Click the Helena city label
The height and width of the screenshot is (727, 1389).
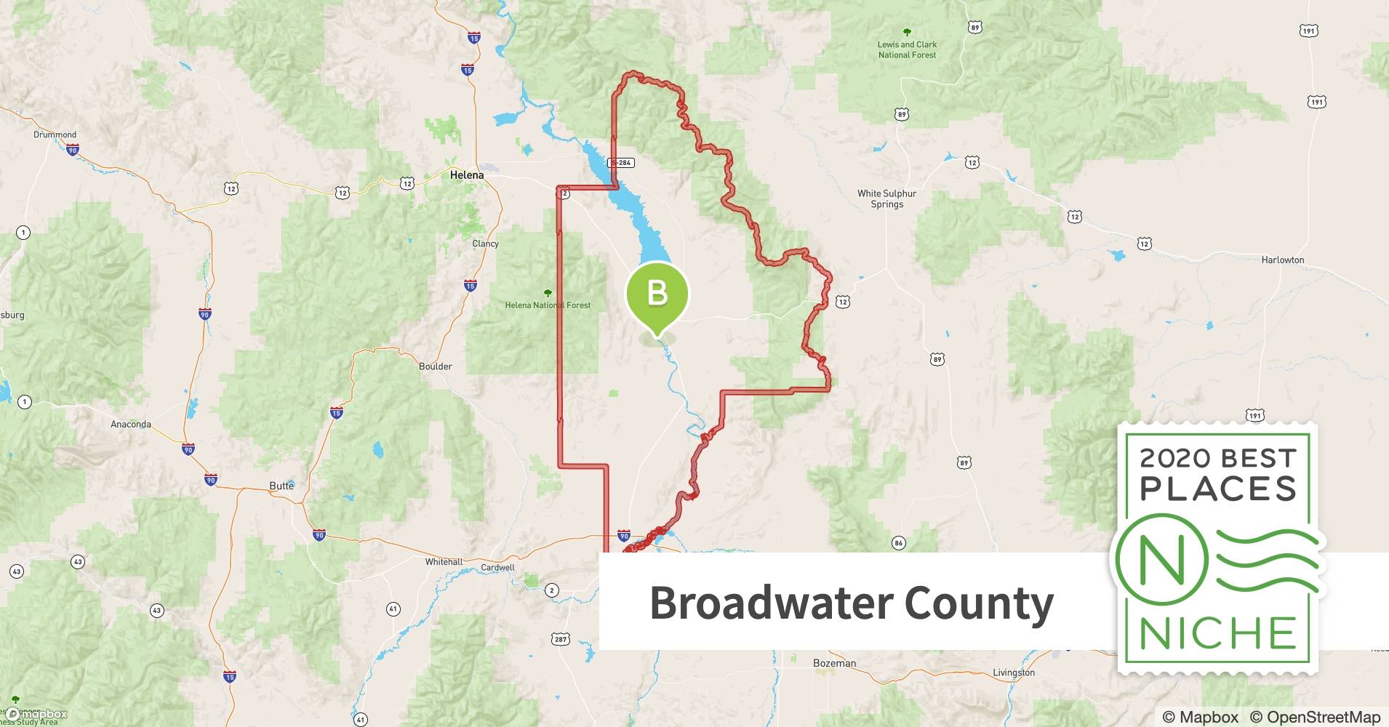pyautogui.click(x=466, y=175)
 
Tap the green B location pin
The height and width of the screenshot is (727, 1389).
pyautogui.click(x=657, y=294)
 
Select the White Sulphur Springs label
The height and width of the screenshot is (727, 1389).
pyautogui.click(x=886, y=198)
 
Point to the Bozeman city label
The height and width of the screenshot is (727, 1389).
pyautogui.click(x=834, y=663)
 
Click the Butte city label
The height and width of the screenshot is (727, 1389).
pyautogui.click(x=281, y=485)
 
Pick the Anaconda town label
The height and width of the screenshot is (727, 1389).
pyautogui.click(x=131, y=424)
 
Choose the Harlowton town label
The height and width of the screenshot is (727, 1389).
pyautogui.click(x=1282, y=260)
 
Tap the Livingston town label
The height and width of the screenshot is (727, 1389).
pyautogui.click(x=1013, y=672)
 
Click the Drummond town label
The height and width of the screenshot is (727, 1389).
pyautogui.click(x=55, y=134)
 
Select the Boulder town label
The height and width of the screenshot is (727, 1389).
pyautogui.click(x=435, y=366)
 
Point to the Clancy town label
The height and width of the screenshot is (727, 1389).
pyautogui.click(x=485, y=244)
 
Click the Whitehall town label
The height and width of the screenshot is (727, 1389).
pyautogui.click(x=444, y=562)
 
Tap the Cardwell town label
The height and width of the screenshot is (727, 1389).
pyautogui.click(x=497, y=568)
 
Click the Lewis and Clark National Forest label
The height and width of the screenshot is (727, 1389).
pyautogui.click(x=907, y=49)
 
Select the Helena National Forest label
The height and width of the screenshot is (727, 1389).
pyautogui.click(x=548, y=305)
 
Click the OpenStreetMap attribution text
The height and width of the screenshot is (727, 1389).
pyautogui.click(x=1315, y=717)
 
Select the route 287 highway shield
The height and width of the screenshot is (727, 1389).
pyautogui.click(x=561, y=639)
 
